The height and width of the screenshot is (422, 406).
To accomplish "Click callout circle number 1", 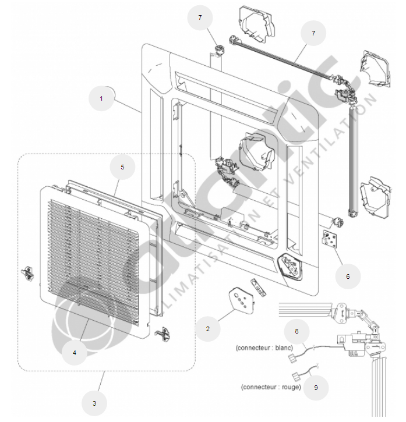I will click(101, 98).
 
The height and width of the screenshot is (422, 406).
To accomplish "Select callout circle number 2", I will click(207, 328).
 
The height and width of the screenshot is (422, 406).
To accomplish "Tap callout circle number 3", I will click(94, 402).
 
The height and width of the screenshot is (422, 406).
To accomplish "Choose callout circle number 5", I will click(122, 167).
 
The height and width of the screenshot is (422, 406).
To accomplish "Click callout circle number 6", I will click(348, 276).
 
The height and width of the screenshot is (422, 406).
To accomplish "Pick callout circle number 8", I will click(296, 331).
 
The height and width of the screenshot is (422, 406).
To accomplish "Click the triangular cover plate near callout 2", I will click(239, 300).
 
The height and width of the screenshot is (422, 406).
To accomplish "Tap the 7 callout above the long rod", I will click(313, 33).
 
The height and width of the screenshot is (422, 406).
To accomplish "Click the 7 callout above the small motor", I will click(200, 18).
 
